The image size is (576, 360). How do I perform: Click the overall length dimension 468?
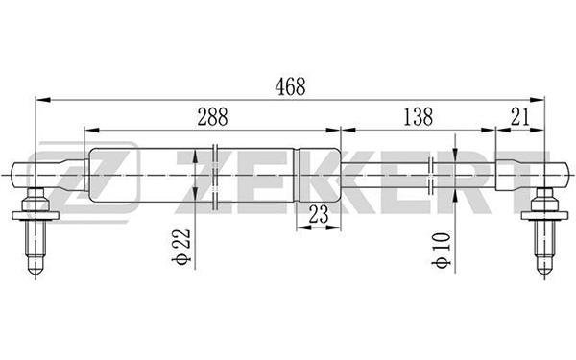(290, 86)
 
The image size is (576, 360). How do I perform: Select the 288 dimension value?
(213, 116)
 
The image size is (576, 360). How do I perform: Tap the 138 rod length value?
(418, 116)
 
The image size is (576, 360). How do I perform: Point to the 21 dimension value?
(520, 116)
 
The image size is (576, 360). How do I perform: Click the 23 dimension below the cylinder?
(319, 214)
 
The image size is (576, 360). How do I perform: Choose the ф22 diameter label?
(181, 247)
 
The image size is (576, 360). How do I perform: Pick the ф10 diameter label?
(442, 250)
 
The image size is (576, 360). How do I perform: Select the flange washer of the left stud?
(36, 215)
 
